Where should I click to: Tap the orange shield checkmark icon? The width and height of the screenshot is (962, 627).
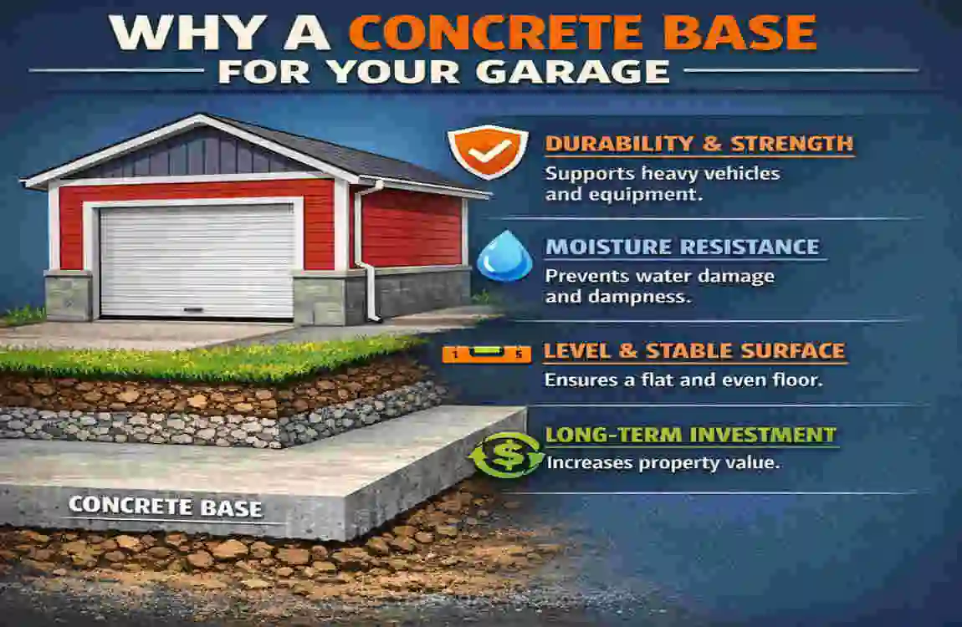click(x=476, y=151)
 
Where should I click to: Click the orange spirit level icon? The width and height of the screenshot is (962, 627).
click(x=486, y=354)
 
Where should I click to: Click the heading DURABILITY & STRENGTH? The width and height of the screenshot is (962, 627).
click(x=698, y=143)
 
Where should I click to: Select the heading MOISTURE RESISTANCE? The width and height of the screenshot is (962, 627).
click(x=682, y=247)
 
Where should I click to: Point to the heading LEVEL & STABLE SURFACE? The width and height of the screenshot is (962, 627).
click(x=694, y=351)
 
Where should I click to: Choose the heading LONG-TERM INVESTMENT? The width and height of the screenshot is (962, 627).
click(x=690, y=435)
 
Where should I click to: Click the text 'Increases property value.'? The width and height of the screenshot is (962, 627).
click(x=663, y=461)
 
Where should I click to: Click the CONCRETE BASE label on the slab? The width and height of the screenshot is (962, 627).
click(x=165, y=507)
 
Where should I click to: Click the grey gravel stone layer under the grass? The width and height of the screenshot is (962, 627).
click(x=209, y=426)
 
